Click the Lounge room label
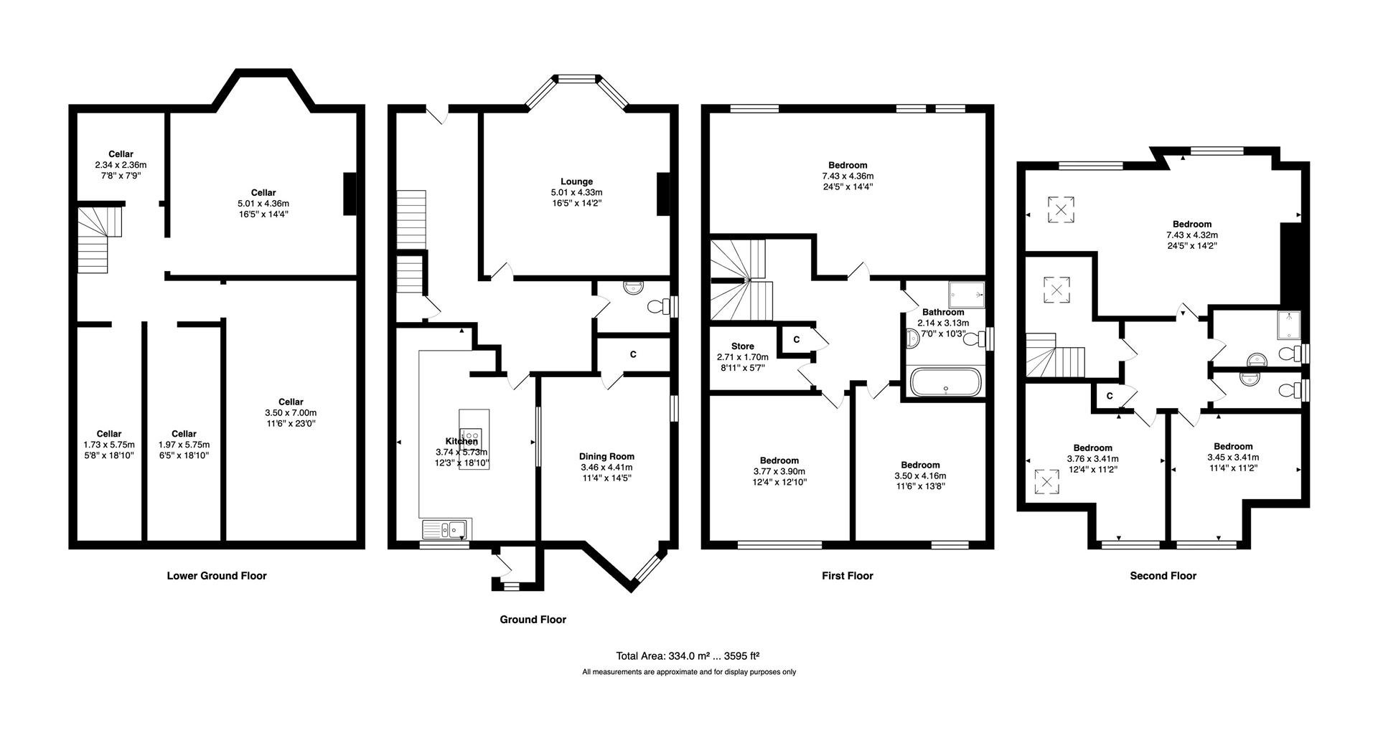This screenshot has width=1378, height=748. [576, 181]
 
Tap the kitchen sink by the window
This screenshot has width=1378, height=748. [446, 530]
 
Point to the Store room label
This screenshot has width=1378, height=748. [742, 346]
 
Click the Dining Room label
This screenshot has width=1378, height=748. [606, 456]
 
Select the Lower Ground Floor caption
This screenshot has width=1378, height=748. [216, 575]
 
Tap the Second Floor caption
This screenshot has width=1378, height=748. [1163, 575]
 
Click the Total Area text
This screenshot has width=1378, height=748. [687, 655]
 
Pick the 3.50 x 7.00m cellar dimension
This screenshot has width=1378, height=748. [291, 413]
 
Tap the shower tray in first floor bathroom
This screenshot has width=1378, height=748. [966, 295]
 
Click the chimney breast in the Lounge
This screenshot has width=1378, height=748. [663, 194]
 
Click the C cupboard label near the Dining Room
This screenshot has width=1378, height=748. [632, 354]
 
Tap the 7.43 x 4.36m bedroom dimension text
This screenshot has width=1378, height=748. [848, 176]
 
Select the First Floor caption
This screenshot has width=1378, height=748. [847, 575]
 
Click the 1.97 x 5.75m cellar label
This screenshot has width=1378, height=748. [184, 445]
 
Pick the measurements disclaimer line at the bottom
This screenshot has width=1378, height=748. [688, 672]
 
